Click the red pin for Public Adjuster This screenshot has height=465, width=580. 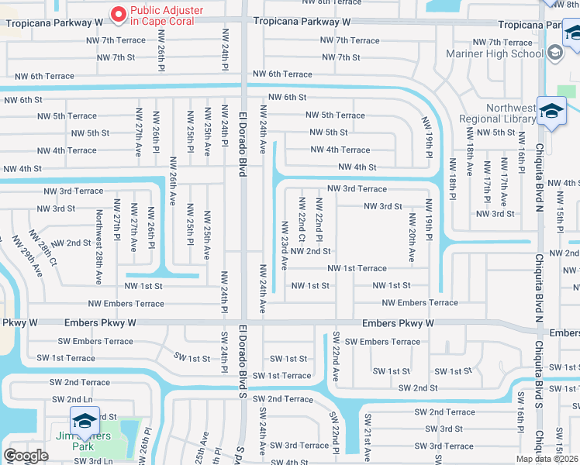118,13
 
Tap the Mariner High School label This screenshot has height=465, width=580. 494,53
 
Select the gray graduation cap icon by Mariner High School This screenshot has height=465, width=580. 554,52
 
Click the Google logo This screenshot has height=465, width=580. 26,455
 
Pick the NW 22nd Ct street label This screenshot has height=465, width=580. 302,220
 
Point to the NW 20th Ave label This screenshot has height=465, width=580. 411,240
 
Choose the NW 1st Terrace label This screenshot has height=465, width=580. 357,268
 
